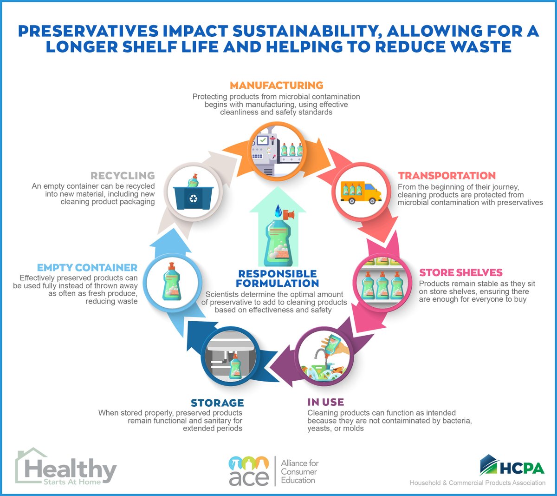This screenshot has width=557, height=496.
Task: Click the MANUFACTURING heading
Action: [x=277, y=86]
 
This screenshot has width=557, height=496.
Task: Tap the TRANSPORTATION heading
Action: [x=447, y=176]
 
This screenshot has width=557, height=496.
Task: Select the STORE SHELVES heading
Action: [x=461, y=272]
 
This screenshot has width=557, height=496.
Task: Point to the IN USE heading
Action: [x=325, y=402]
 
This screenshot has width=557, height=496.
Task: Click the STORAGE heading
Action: [x=217, y=403]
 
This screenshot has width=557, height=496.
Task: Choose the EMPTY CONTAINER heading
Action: [x=87, y=268]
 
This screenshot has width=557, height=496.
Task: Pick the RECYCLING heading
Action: [x=123, y=176]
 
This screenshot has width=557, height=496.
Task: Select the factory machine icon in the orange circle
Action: [x=276, y=151]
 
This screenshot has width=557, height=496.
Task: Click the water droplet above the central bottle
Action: [x=278, y=212]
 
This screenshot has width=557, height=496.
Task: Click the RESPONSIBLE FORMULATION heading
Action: [x=278, y=278]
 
